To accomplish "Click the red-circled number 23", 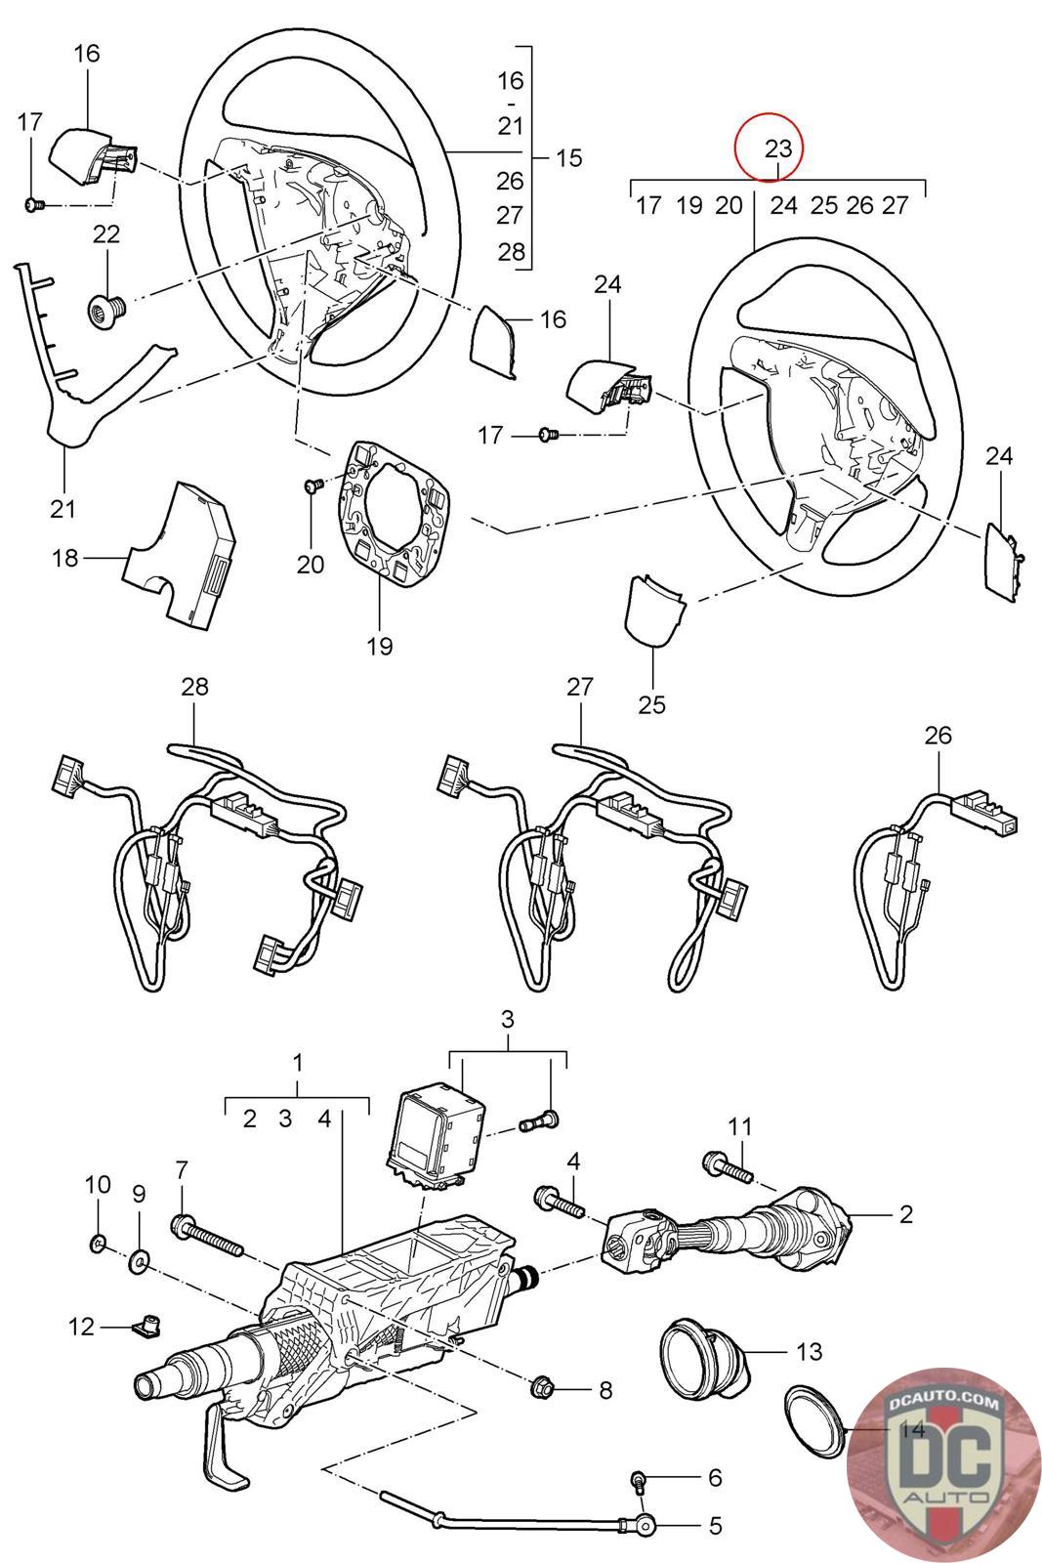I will coord(777,148).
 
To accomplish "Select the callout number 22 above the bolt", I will coord(105,233).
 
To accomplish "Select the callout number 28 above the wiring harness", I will coord(194,686).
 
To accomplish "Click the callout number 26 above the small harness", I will coord(938,735).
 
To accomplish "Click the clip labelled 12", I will coord(145,1325).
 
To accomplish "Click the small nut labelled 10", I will coord(99,1244).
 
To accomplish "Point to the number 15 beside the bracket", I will coord(567,157).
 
